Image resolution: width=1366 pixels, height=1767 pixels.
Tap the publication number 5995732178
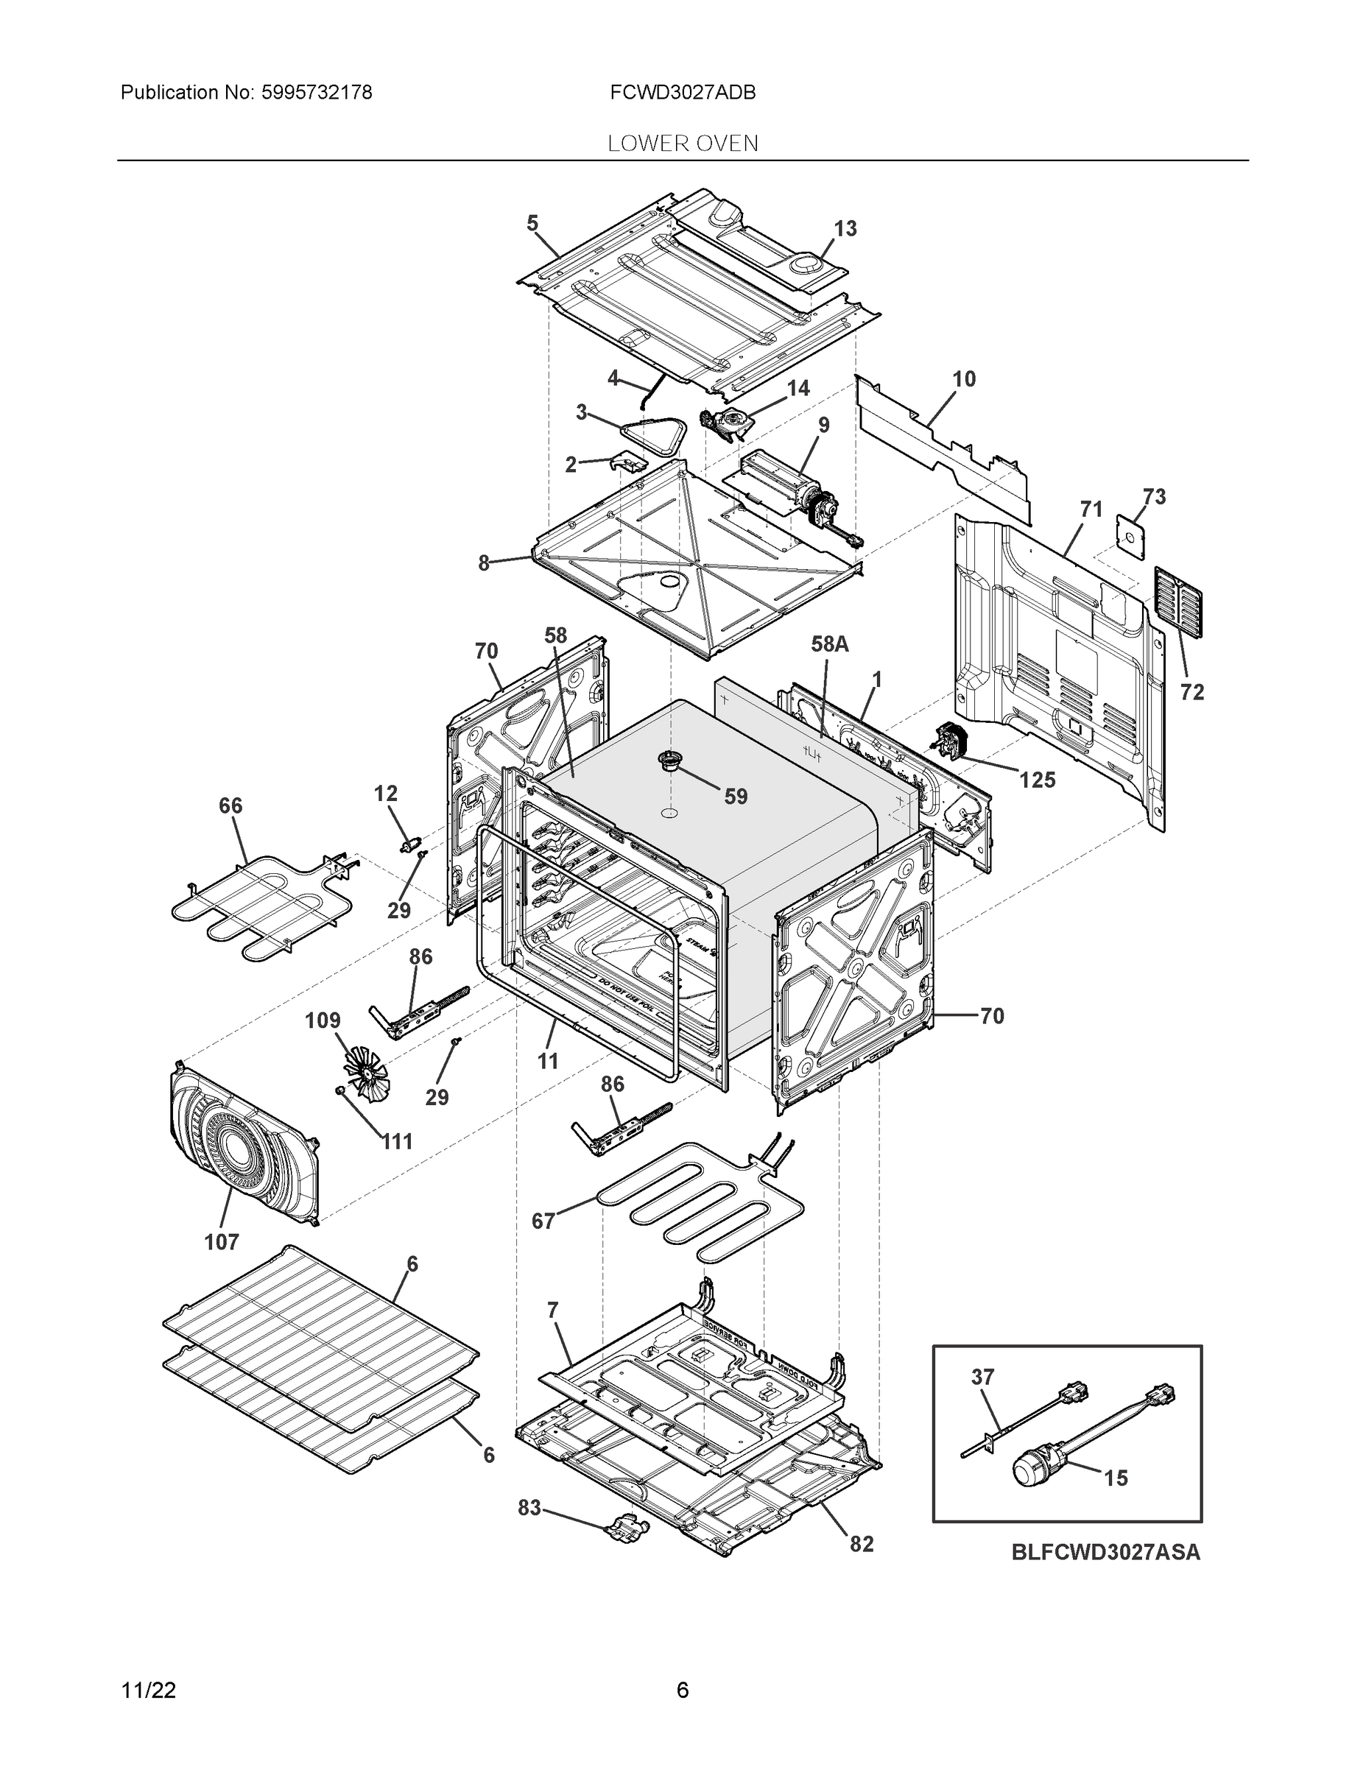tap(317, 93)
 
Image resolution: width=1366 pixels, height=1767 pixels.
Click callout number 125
tap(1037, 780)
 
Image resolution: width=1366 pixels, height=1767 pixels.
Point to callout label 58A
tap(829, 644)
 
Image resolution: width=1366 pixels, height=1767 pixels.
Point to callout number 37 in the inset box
tap(982, 1376)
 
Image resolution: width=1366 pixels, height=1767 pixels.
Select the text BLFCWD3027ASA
tap(1105, 1553)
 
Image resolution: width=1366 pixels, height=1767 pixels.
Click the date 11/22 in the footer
tap(148, 1690)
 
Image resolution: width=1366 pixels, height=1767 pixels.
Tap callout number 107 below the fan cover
tap(221, 1242)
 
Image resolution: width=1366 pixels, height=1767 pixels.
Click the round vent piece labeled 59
tap(670, 760)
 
